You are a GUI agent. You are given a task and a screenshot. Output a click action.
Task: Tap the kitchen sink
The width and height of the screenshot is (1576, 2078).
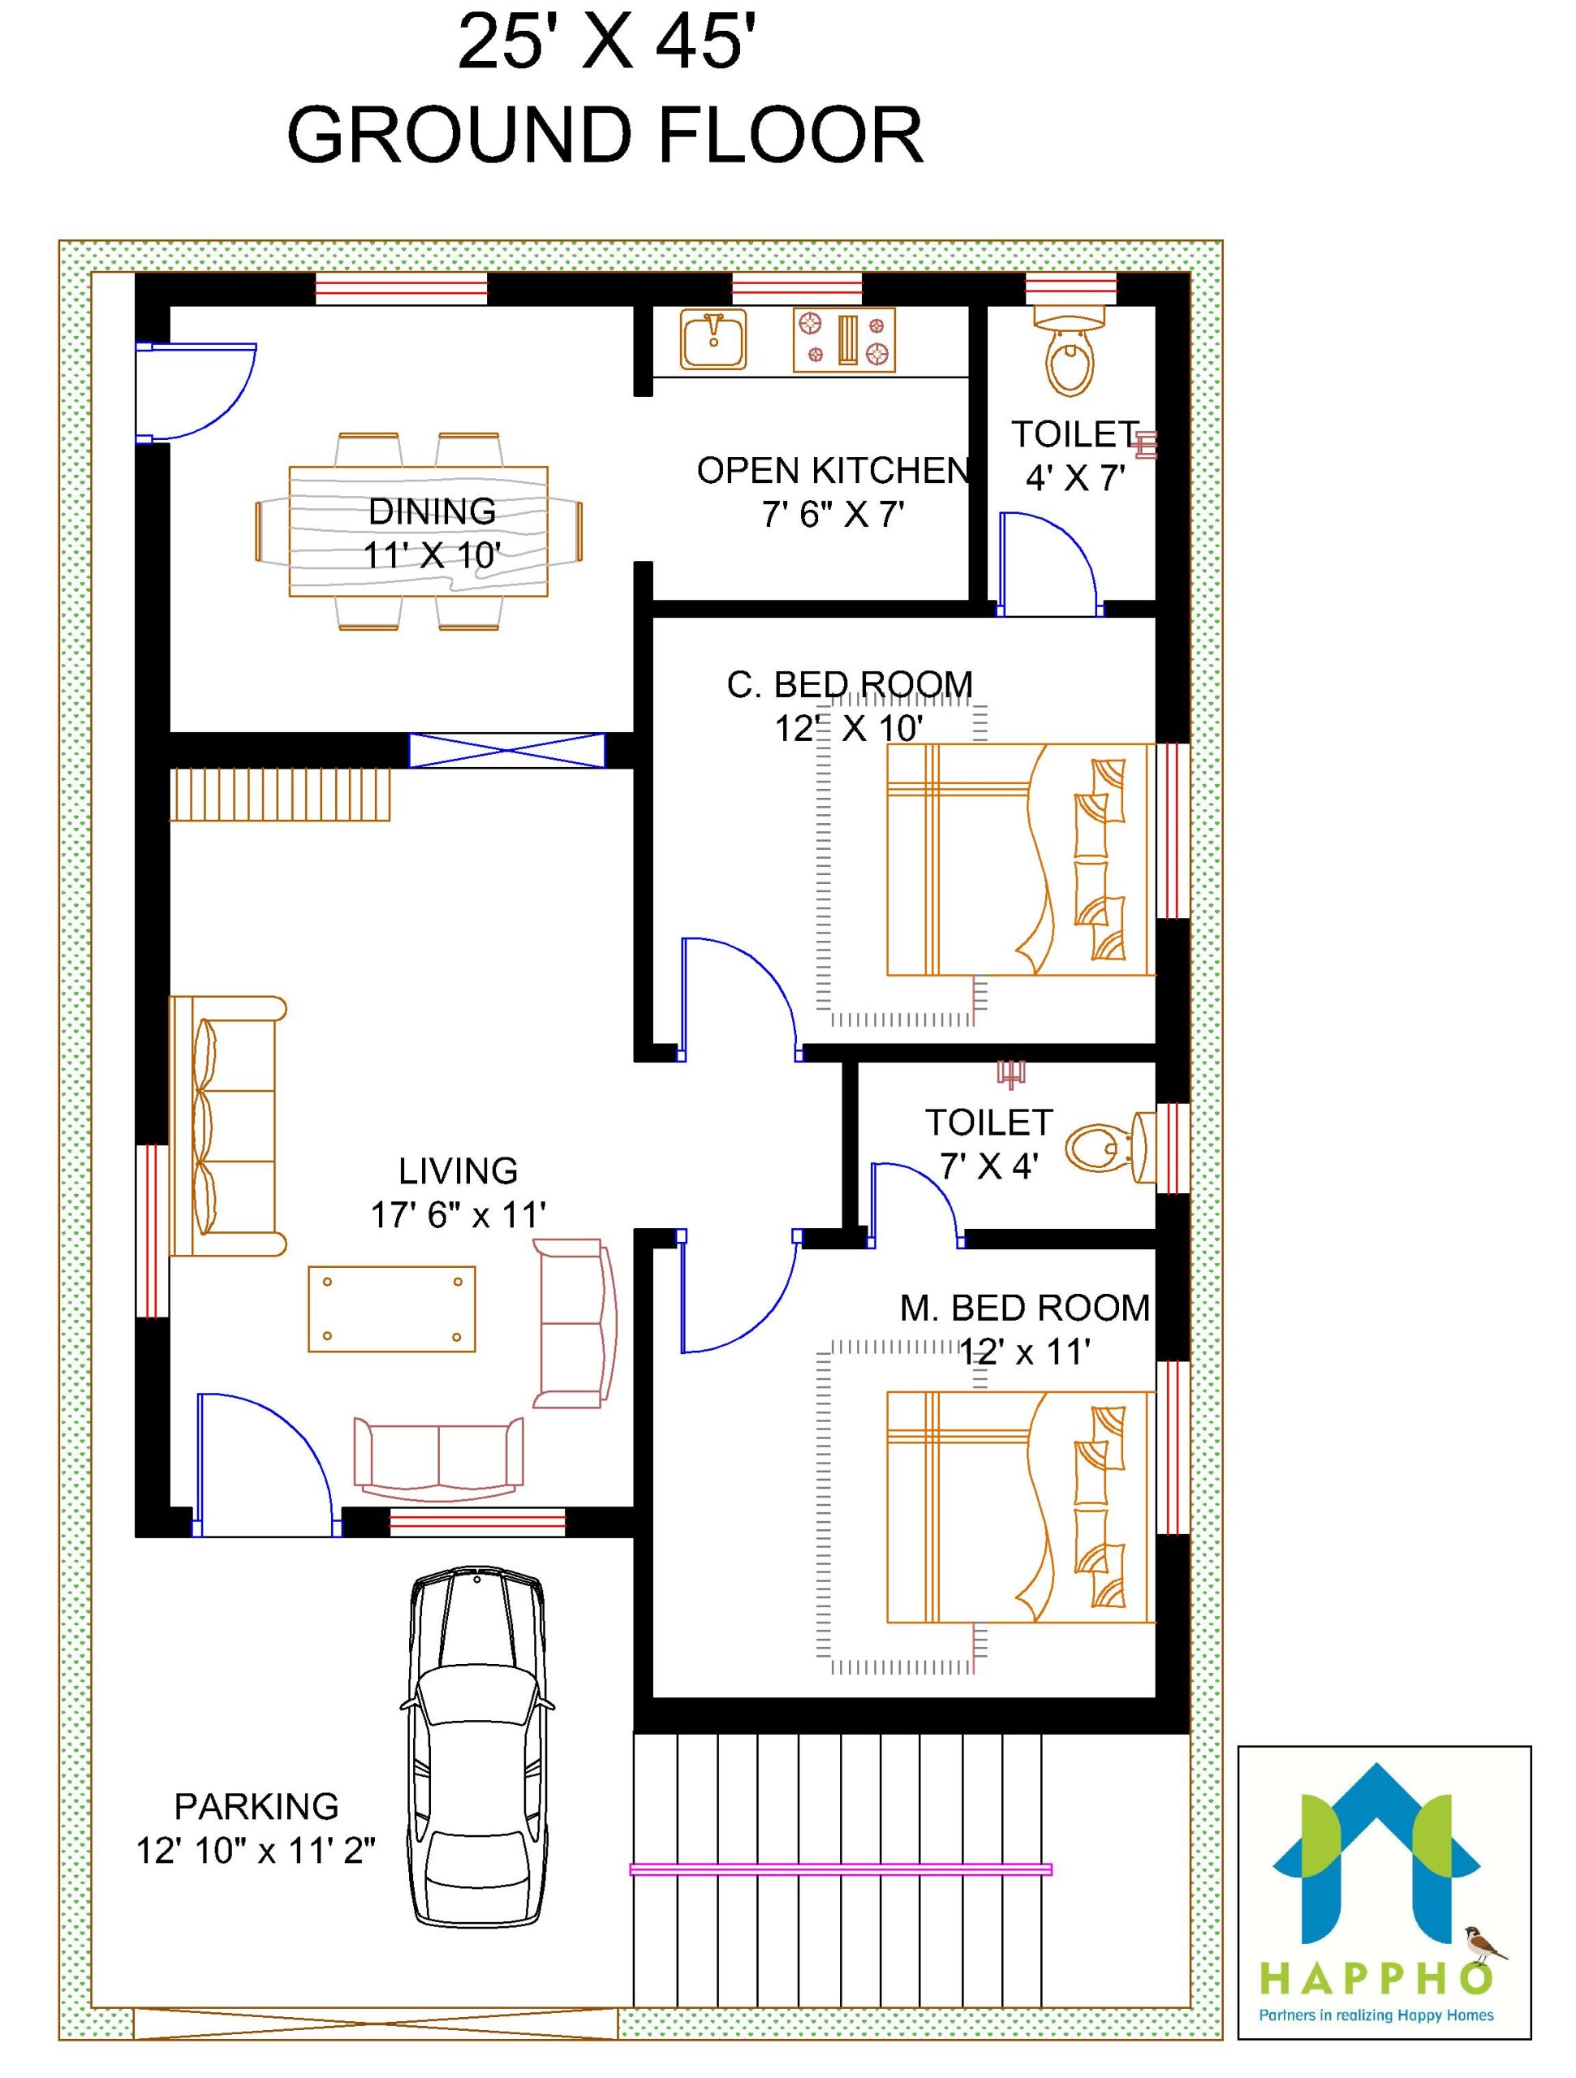(x=714, y=340)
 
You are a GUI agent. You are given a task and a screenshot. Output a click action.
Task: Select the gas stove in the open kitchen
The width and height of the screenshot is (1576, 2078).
(x=844, y=339)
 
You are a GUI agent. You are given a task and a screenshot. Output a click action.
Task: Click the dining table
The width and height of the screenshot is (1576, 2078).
(x=418, y=532)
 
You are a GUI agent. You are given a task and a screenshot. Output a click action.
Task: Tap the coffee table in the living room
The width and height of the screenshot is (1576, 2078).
(x=392, y=1308)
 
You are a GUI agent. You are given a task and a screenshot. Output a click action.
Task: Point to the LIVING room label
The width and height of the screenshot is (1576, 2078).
(x=458, y=1170)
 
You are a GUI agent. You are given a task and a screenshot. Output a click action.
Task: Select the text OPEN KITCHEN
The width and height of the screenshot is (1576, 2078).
(x=833, y=471)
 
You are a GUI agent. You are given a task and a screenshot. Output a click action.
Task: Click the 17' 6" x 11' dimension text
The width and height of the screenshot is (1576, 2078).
(x=459, y=1216)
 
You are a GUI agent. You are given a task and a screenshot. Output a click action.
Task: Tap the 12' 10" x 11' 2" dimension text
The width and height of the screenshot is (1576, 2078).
(x=256, y=1851)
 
